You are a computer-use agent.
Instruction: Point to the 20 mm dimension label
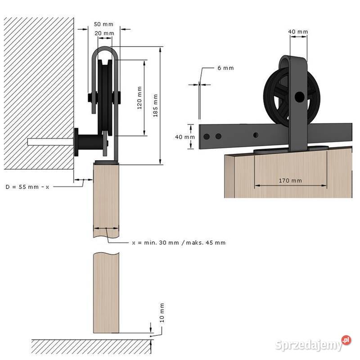tap(104, 33)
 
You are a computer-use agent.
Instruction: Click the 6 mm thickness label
tap(225, 68)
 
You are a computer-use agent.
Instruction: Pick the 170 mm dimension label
tap(290, 181)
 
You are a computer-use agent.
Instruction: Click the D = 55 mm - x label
tap(27, 186)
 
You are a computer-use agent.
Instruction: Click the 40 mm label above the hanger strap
tap(298, 31)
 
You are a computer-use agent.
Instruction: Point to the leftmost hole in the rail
tap(207, 136)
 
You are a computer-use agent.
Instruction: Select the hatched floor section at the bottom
tap(90, 346)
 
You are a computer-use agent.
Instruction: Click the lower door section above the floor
tap(107, 292)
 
